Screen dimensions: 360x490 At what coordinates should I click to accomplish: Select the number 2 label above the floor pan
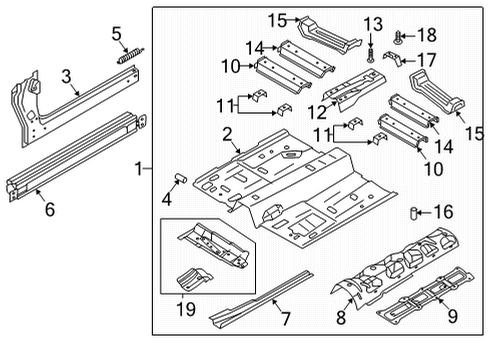[228, 135]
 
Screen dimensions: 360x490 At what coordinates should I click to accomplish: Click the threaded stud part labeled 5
[127, 58]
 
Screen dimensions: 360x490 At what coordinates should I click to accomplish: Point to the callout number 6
[43, 208]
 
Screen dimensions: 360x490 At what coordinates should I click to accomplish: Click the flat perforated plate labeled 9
[420, 289]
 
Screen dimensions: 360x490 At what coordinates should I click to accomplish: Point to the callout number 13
[372, 23]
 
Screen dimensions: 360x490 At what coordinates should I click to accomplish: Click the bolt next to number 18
[397, 36]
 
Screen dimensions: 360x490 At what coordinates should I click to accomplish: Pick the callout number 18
[425, 35]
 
